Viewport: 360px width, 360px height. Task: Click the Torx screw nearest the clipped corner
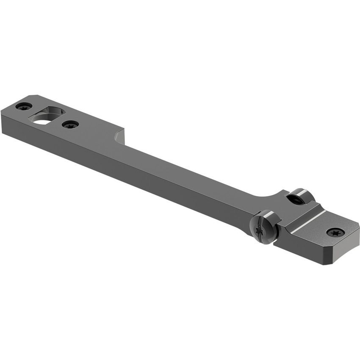pos(24,106)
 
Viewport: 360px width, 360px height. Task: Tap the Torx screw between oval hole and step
pos(70,125)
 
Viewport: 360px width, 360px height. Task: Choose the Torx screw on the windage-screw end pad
pos(335,232)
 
